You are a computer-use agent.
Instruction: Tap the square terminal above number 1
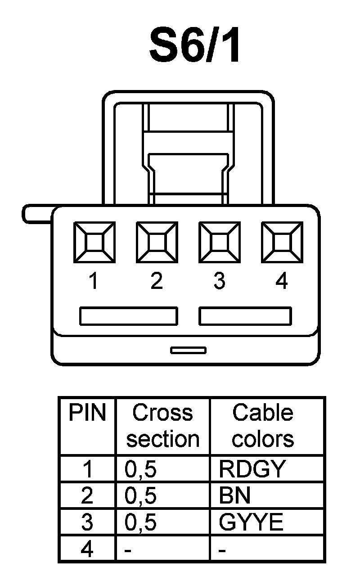tap(94, 243)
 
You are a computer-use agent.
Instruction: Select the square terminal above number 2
tap(157, 243)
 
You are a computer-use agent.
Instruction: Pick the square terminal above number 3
tap(219, 243)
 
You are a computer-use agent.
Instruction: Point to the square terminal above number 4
tap(282, 243)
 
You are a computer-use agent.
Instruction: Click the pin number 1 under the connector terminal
tap(93, 282)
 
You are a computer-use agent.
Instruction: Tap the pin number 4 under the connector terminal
tap(281, 282)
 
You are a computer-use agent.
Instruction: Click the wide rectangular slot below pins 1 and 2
tap(128, 316)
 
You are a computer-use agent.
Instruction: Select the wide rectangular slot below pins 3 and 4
tap(245, 316)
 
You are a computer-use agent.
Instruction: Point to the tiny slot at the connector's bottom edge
tap(188, 350)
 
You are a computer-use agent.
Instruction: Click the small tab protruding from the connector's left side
tap(37, 214)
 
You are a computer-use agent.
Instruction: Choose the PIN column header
tap(87, 413)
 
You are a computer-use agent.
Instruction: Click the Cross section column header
tap(162, 426)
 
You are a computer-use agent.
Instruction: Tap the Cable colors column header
tap(263, 426)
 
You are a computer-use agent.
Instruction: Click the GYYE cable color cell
tap(251, 522)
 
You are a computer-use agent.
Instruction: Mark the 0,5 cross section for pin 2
tap(141, 496)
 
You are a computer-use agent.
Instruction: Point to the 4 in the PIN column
tap(87, 549)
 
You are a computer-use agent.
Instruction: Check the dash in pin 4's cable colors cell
tap(221, 550)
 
